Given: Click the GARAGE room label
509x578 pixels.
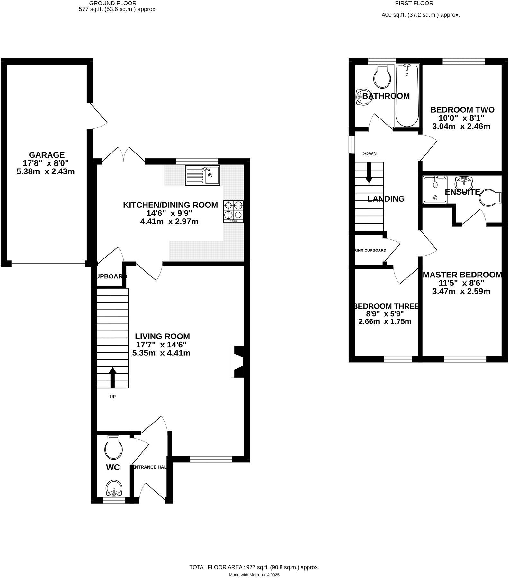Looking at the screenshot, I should (x=47, y=155).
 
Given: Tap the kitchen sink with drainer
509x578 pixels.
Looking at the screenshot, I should (x=202, y=175).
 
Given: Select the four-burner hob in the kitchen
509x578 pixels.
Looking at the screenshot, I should (x=233, y=211).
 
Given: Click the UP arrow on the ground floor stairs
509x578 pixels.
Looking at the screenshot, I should (x=112, y=378).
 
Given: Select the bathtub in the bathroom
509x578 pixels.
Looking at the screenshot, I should (x=407, y=95).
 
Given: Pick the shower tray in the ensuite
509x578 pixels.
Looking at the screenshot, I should (x=435, y=189).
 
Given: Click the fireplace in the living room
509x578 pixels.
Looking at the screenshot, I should (x=238, y=362).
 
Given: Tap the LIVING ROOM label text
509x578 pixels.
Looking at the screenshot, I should (x=162, y=337).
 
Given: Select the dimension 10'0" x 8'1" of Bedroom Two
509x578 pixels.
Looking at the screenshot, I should (x=461, y=118).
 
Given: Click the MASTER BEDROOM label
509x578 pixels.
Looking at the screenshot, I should (x=462, y=275).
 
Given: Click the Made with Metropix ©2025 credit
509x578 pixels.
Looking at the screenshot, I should (x=254, y=575).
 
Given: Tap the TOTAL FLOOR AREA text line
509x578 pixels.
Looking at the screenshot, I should (x=254, y=567).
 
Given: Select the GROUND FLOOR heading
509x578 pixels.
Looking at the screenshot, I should (x=113, y=3).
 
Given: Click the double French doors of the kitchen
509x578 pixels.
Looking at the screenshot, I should (x=123, y=154).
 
